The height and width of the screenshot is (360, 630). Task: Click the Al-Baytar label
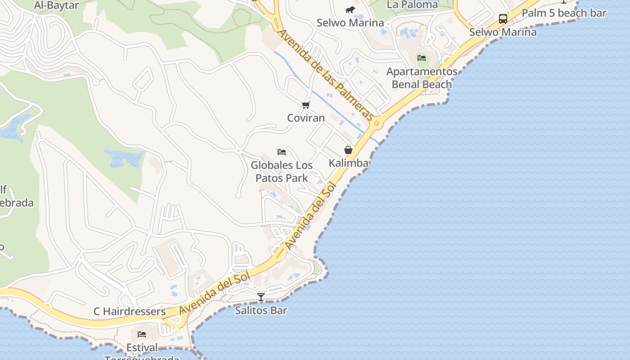pos(56,5)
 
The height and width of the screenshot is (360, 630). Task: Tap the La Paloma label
pos(412,4)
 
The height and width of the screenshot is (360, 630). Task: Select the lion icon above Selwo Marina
pos(350,9)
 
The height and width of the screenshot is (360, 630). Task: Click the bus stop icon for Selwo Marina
pos(503,19)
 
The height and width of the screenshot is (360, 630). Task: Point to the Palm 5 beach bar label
pos(564,13)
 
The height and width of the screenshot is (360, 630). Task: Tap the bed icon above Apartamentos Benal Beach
pos(422,58)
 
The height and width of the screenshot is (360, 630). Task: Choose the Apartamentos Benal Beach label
pos(422,78)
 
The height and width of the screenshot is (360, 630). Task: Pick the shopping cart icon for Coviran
pos(306,105)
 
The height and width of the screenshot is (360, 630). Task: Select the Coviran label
pos(306,118)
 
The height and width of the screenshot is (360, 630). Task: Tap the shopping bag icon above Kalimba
pos(348,150)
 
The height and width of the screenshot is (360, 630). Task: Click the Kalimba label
pos(348,163)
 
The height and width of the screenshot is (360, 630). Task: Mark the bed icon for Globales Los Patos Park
pos(282,152)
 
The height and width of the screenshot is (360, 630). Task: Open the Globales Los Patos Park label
pos(282,171)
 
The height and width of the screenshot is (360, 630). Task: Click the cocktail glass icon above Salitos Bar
pos(261,297)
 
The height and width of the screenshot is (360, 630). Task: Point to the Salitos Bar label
pos(261,310)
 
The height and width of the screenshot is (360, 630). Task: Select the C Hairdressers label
pos(130,311)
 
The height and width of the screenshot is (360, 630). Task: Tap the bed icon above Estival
pos(142,334)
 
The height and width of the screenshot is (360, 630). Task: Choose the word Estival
pos(142,348)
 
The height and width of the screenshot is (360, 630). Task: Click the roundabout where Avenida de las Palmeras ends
pos(377,123)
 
